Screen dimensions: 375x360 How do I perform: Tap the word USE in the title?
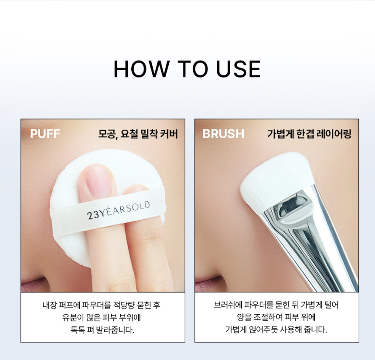pyautogui.click(x=238, y=69)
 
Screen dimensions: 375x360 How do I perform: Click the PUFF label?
pyautogui.click(x=45, y=134)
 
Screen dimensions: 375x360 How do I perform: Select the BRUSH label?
pyautogui.click(x=223, y=134)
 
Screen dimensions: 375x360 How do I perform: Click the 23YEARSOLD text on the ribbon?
pyautogui.click(x=118, y=211)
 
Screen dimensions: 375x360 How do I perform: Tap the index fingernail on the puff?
pyautogui.click(x=99, y=182)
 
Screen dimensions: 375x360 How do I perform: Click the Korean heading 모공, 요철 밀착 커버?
pyautogui.click(x=138, y=134)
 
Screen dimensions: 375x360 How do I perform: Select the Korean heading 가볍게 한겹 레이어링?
pyautogui.click(x=309, y=134)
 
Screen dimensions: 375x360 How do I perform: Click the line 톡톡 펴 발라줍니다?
pyautogui.click(x=102, y=330)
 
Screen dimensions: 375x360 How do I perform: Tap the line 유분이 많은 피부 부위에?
pyautogui.click(x=102, y=317)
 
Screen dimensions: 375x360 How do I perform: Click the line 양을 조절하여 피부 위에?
pyautogui.click(x=276, y=317)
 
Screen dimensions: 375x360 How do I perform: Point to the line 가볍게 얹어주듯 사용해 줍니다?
pyautogui.click(x=276, y=330)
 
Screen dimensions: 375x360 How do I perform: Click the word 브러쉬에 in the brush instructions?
pyautogui.click(x=228, y=305)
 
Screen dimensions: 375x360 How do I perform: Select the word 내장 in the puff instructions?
pyautogui.click(x=49, y=305)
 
